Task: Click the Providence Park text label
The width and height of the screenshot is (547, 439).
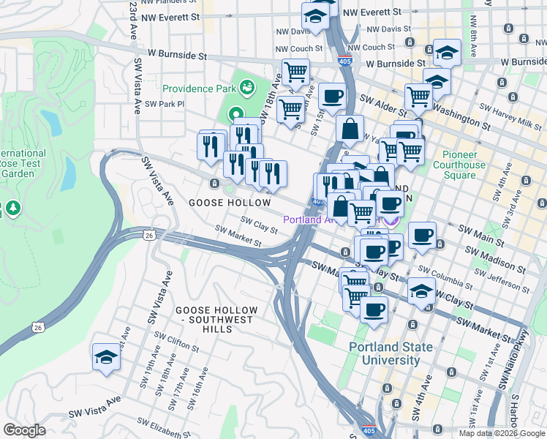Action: (x=199, y=89)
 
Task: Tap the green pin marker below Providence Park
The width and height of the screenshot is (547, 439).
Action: (x=236, y=115)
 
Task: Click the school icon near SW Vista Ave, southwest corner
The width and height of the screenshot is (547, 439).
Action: (x=106, y=357)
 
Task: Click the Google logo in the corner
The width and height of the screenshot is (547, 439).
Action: (x=24, y=430)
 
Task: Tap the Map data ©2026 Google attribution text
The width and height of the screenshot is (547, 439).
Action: (x=502, y=433)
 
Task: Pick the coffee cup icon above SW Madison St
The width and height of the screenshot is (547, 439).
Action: (x=421, y=236)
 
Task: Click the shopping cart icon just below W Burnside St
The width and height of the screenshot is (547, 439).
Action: (x=295, y=72)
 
